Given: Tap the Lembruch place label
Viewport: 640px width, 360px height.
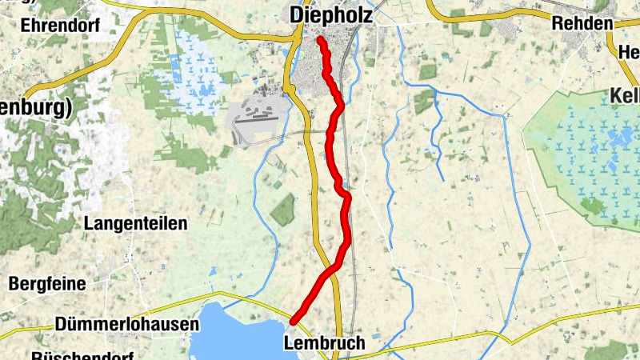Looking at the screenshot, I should [324, 343].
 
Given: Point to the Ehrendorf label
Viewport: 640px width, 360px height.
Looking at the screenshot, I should [60, 25].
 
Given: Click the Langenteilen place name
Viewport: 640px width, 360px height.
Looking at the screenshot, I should [135, 223].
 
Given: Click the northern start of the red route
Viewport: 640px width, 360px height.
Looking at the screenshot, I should [320, 39].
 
